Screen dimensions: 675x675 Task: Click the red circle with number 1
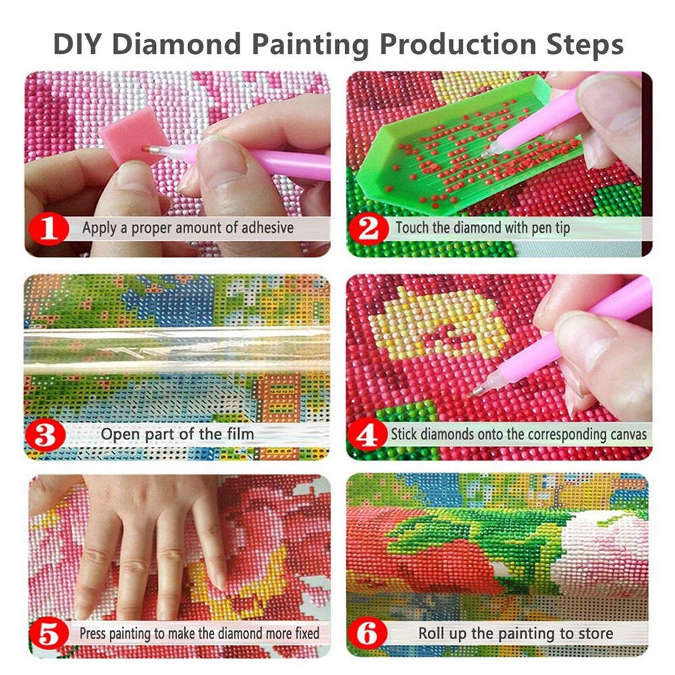(48, 228)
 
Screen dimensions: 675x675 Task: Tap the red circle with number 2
(369, 228)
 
